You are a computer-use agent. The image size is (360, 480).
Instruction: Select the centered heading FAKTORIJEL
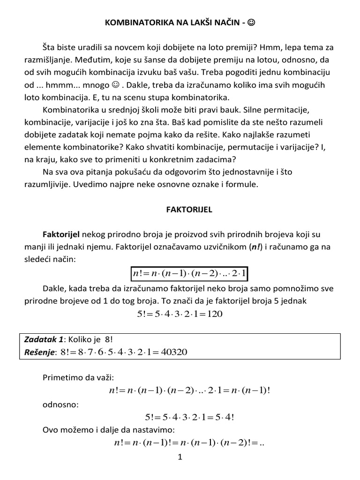pos(189,210)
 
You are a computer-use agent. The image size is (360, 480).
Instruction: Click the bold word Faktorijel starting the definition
pos(61,234)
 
